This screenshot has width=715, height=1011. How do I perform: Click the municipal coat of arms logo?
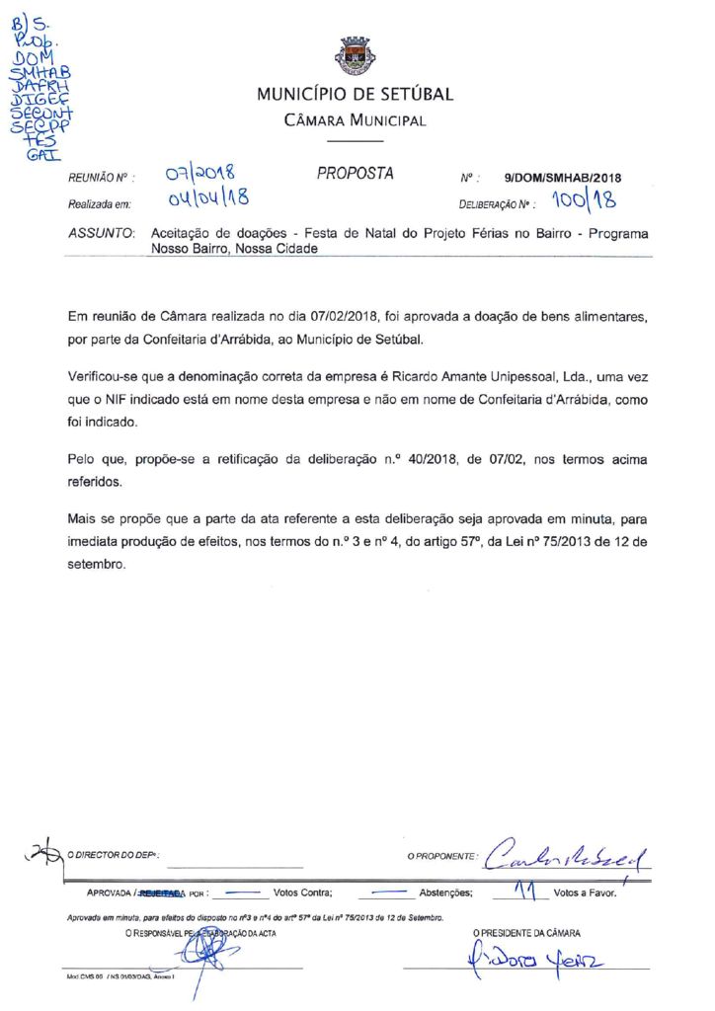(x=356, y=57)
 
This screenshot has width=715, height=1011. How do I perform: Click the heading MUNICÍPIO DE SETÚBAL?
(x=356, y=95)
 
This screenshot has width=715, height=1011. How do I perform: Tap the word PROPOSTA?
(x=356, y=174)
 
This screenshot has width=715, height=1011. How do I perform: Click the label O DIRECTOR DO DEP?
(x=114, y=856)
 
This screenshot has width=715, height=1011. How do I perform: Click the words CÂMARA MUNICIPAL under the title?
(x=356, y=120)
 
